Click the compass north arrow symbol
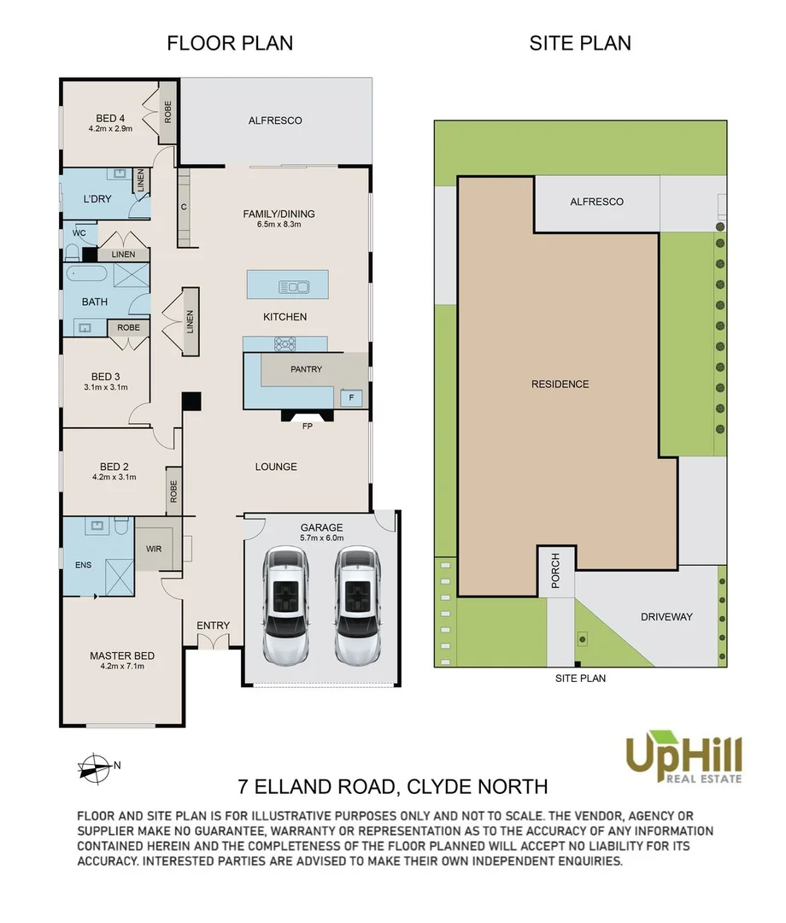point(95,768)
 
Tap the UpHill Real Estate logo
point(683,757)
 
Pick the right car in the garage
point(357,605)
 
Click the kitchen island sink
point(294,287)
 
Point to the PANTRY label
point(306,369)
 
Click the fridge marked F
point(351,398)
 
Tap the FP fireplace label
point(307,426)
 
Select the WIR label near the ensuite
point(154,549)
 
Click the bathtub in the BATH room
point(86,273)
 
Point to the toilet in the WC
point(73,253)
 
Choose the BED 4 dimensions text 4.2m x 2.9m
point(110,128)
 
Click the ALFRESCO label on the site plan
point(596,202)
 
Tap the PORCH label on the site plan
point(555,570)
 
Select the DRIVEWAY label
point(666,617)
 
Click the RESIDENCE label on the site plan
point(560,385)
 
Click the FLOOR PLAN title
point(230,43)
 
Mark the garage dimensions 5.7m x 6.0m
point(322,538)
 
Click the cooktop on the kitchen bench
point(285,344)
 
